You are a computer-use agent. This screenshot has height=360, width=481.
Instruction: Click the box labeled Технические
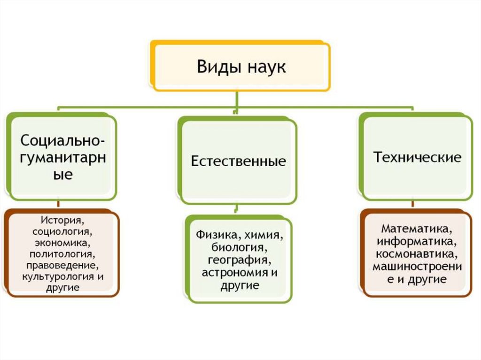pos(417,157)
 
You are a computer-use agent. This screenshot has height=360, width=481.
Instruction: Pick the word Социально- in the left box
pos(62,140)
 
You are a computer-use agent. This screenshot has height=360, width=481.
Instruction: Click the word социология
pos(62,231)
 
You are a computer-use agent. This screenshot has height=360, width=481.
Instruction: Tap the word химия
pos(263,234)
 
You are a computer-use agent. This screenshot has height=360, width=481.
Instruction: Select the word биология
pos(239,247)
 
